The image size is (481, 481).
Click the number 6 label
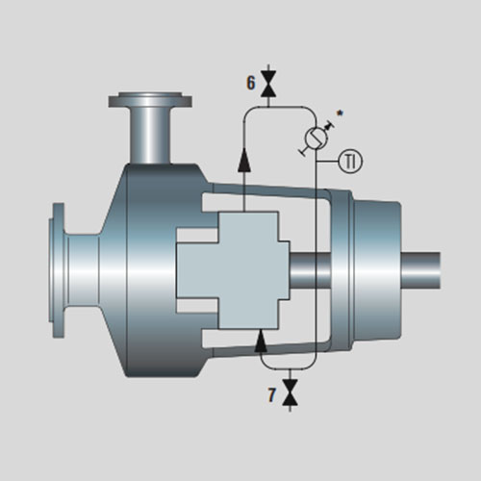[251, 83]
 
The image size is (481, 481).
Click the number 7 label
[271, 394]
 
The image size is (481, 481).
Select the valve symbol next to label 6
[268, 84]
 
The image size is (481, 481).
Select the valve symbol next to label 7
[291, 392]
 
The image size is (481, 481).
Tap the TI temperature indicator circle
[350, 161]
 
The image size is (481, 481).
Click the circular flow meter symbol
[316, 138]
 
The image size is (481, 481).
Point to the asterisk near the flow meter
[340, 113]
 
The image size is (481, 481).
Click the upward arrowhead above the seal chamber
[244, 160]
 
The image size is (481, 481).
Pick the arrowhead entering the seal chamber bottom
[261, 341]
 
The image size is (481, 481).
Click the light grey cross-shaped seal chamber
[233, 270]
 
